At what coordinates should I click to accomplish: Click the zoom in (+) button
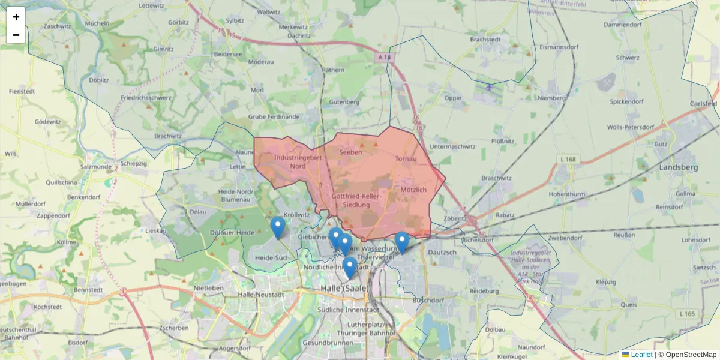pos(16,17)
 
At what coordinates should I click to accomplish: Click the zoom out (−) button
pos(16,35)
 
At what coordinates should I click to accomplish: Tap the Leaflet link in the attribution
pos(641,355)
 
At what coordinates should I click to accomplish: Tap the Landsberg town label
pos(678,167)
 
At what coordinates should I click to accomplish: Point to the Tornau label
pos(406,159)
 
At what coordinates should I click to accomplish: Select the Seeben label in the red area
pos(350,152)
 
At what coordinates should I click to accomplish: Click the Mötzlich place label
pos(413,190)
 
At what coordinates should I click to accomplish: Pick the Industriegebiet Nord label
pos(298,161)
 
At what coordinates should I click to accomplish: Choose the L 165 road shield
pos(688,314)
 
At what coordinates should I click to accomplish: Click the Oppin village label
pos(453,98)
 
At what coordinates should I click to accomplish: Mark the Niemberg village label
pos(552,98)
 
